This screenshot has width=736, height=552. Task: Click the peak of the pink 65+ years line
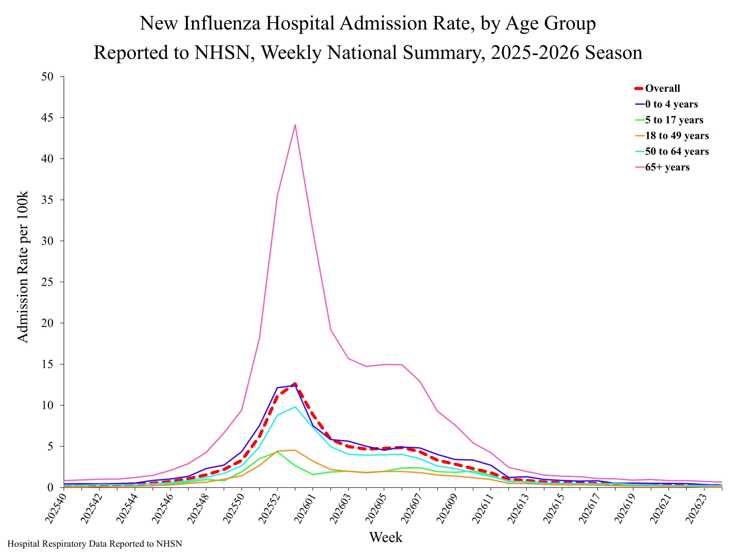coord(295,125)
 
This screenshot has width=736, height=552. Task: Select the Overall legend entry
coord(657,88)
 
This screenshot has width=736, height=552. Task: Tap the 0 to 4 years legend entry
coord(666,104)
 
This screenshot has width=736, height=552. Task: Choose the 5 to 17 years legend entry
coord(669,120)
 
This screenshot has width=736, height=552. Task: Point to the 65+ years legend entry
coord(662,167)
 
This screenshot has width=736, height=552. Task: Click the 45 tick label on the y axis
coord(47,118)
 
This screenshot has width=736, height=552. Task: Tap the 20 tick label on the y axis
coord(47,323)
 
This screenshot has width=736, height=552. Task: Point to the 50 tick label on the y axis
coord(47,76)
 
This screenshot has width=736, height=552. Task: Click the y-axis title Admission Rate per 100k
coord(23,267)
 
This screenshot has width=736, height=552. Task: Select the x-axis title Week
coord(386,537)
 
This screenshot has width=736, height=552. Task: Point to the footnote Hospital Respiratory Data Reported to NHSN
coord(95,544)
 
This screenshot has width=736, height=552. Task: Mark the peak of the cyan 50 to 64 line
coord(295,407)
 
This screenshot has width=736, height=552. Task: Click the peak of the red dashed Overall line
coord(295,384)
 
